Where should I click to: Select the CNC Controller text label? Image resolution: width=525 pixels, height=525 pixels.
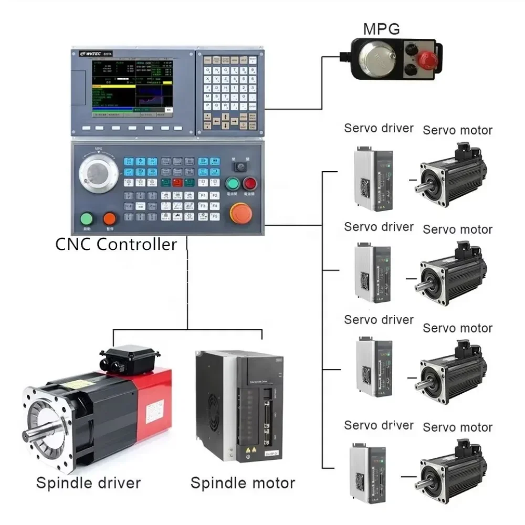pos(116,244)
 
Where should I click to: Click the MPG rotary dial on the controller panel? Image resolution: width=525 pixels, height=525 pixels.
pos(98,173)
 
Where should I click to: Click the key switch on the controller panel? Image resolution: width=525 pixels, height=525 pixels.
pos(241,166)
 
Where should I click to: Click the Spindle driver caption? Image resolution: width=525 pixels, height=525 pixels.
pos(88,482)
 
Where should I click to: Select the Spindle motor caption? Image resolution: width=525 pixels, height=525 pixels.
pos(243,482)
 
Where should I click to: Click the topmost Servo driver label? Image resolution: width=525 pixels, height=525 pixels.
pos(379,128)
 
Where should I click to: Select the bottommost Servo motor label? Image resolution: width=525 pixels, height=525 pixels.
pos(458,427)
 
